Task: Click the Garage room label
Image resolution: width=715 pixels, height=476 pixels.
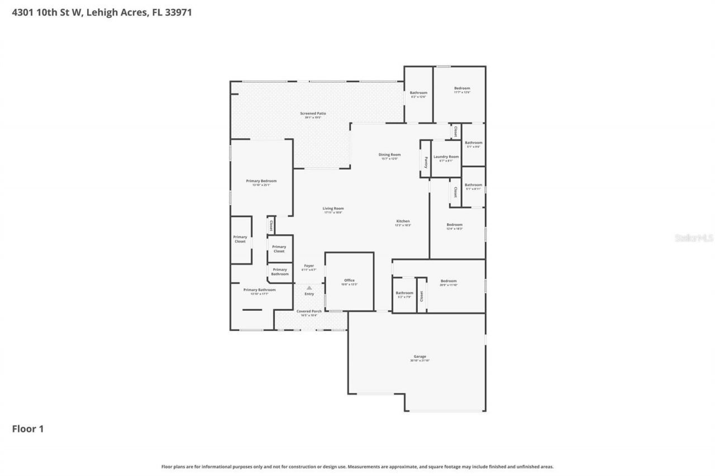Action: tap(420, 357)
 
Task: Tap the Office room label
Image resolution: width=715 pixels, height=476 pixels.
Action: tap(349, 281)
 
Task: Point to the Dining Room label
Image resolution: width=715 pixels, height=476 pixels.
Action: tap(389, 155)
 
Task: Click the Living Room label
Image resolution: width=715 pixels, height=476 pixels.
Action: tap(333, 209)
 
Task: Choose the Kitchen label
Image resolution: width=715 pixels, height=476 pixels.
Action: tap(403, 222)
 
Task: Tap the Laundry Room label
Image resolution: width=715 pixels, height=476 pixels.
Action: tap(446, 157)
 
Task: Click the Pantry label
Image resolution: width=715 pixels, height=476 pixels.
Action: tap(426, 162)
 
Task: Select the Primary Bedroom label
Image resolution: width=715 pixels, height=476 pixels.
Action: tap(261, 181)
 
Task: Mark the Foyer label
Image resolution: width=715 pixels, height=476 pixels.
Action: tap(309, 266)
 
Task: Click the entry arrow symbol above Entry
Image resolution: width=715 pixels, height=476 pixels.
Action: tap(309, 287)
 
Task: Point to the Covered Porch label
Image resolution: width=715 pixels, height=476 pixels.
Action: tap(309, 311)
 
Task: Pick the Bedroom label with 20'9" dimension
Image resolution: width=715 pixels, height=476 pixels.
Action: tap(449, 281)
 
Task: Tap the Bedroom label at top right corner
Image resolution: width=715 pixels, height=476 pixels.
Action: tap(462, 88)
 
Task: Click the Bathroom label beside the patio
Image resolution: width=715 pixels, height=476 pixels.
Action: tap(418, 93)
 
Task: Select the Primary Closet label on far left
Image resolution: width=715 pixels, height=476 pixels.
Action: tap(240, 239)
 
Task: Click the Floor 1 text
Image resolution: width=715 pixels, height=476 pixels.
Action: tap(28, 429)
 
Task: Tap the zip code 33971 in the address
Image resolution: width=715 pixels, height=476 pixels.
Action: tap(180, 12)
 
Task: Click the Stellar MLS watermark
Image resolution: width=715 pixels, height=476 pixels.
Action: tap(694, 238)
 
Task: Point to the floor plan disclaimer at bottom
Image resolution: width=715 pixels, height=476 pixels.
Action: tap(357, 467)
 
